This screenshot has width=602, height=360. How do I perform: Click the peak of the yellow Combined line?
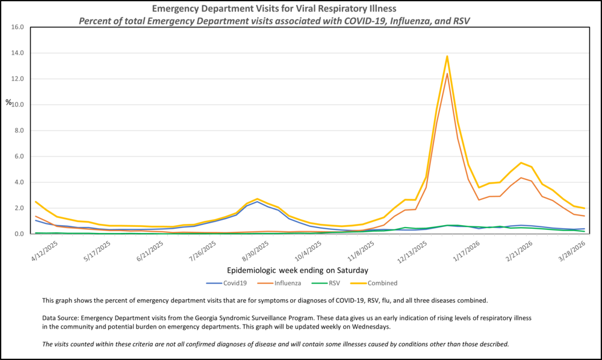coord(447,57)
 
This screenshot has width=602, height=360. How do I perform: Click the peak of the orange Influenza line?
coord(447,73)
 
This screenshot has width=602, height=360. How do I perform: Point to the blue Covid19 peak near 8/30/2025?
coord(257,202)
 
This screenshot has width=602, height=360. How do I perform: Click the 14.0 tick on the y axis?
coord(17,53)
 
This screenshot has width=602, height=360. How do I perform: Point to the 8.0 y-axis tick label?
coord(18,131)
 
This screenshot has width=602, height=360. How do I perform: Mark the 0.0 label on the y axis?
coord(18,234)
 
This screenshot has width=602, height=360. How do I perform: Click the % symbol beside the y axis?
coord(8,102)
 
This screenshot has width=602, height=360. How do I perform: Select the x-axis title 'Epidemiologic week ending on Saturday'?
coord(298,270)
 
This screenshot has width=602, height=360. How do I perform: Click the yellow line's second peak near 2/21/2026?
coord(521,163)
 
